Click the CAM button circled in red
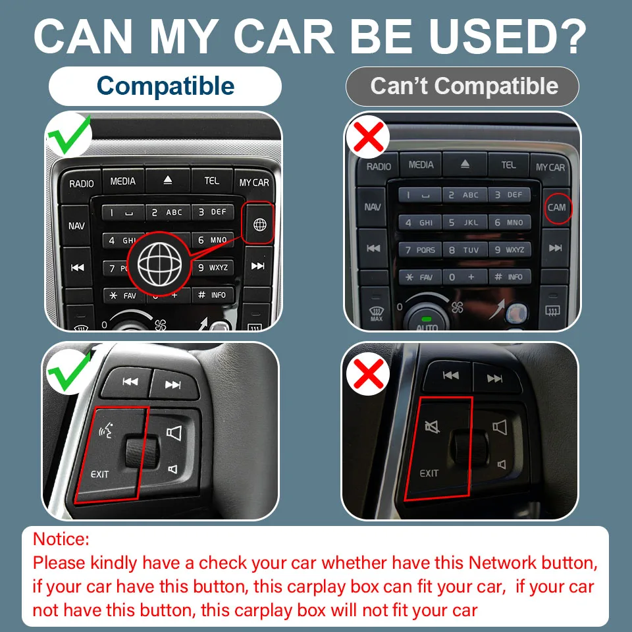click(557, 207)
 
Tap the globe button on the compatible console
click(259, 224)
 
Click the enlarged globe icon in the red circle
click(159, 264)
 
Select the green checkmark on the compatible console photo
click(69, 135)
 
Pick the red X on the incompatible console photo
click(367, 137)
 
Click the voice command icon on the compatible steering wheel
click(106, 431)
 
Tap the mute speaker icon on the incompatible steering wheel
click(432, 427)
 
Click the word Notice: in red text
click(61, 539)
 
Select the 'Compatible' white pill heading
click(165, 86)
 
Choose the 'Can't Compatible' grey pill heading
click(462, 86)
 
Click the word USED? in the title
click(508, 36)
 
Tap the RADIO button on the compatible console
click(81, 184)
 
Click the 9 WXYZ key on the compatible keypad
click(213, 268)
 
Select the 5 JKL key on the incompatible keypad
click(464, 222)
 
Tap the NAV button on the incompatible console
click(372, 207)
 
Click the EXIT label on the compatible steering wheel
click(99, 475)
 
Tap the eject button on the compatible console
click(168, 180)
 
